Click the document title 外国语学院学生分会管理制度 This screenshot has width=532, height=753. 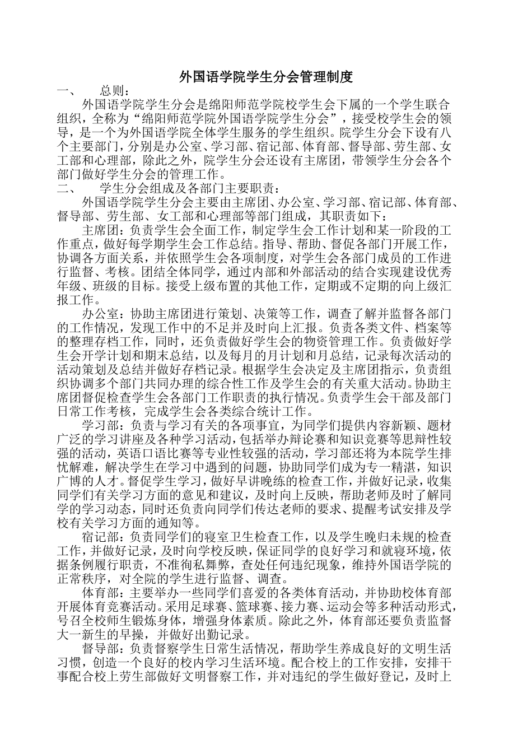[x=266, y=77]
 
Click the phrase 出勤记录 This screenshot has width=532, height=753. [x=221, y=635]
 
